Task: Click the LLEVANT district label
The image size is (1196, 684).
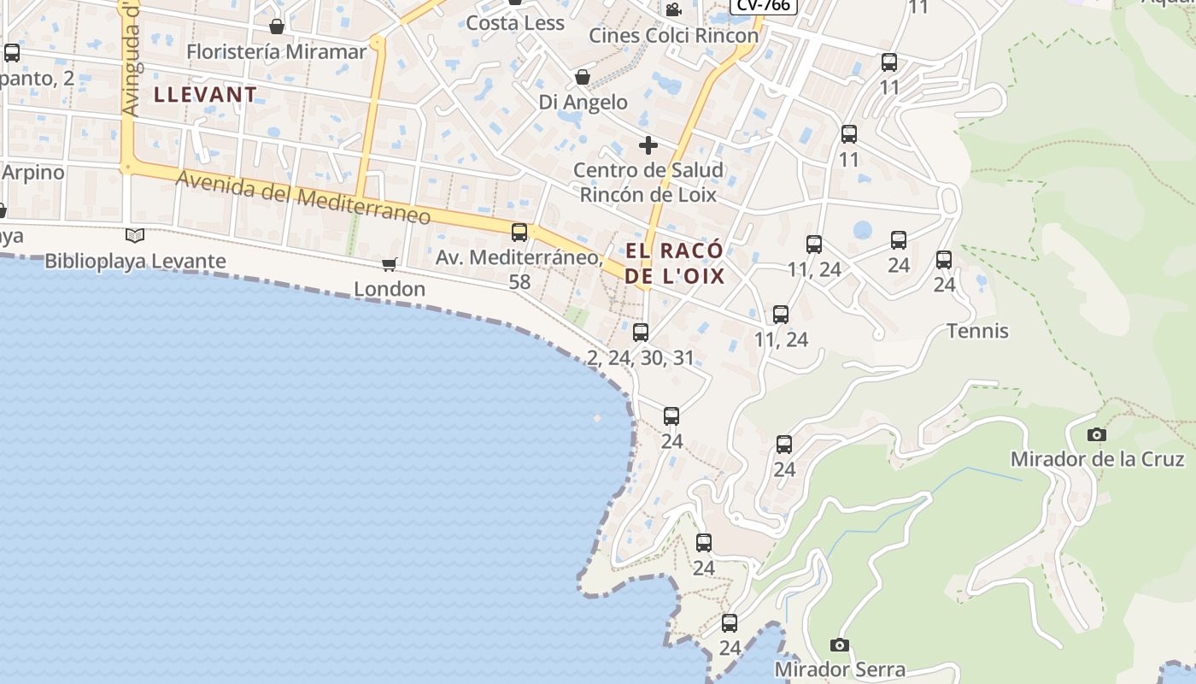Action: pyautogui.click(x=205, y=95)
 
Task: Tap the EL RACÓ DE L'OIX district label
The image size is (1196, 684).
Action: pyautogui.click(x=675, y=263)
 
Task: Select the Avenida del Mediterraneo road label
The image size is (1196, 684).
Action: pyautogui.click(x=303, y=198)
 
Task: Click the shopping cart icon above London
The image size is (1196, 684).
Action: pyautogui.click(x=390, y=265)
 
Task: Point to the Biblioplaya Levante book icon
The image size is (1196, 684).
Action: pyautogui.click(x=135, y=235)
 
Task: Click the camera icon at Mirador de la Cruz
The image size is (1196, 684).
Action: pyautogui.click(x=1097, y=435)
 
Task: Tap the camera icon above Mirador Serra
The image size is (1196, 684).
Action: pyautogui.click(x=840, y=645)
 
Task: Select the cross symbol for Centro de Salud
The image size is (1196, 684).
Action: pyautogui.click(x=648, y=144)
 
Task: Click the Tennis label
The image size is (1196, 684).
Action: pyautogui.click(x=977, y=331)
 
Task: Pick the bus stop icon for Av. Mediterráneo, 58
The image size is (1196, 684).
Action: pyautogui.click(x=519, y=232)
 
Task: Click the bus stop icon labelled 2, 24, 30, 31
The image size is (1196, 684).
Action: pyautogui.click(x=641, y=333)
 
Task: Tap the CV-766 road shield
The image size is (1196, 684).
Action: pyautogui.click(x=764, y=5)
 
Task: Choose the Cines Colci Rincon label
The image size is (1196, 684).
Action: pyautogui.click(x=674, y=36)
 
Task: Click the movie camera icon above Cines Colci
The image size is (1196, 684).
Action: pyautogui.click(x=673, y=9)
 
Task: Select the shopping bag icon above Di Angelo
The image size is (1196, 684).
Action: pyautogui.click(x=583, y=78)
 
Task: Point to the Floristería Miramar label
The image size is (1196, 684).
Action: pyautogui.click(x=276, y=51)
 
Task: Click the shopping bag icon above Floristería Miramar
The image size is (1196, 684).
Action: pyautogui.click(x=276, y=27)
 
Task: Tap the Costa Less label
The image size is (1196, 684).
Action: pyautogui.click(x=515, y=23)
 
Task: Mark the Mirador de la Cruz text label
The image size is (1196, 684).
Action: pyautogui.click(x=1097, y=459)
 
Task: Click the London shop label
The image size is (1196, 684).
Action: pyautogui.click(x=390, y=289)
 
